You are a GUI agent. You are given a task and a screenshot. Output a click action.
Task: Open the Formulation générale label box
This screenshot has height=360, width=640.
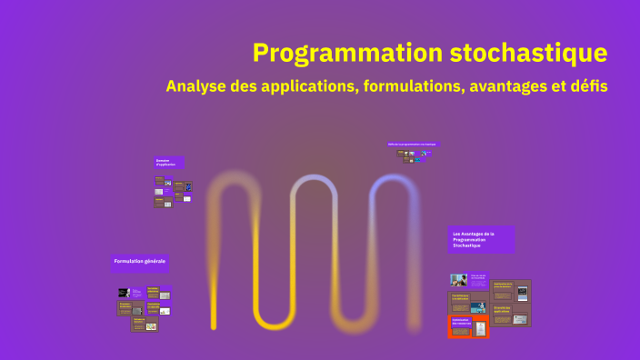140,262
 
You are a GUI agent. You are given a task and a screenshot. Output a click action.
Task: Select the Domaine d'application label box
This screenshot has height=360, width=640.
169,163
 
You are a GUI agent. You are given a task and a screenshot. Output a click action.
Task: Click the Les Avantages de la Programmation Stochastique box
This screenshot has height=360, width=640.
481,240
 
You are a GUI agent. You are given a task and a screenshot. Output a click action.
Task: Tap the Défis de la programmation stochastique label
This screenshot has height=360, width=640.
412,144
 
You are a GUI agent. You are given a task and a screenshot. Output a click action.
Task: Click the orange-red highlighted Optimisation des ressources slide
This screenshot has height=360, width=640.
468,326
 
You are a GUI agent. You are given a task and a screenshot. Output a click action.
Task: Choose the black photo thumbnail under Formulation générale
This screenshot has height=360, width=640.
123,293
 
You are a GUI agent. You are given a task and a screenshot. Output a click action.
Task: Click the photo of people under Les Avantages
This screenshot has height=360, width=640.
459,280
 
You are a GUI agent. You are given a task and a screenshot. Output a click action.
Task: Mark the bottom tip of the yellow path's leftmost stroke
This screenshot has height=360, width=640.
214,325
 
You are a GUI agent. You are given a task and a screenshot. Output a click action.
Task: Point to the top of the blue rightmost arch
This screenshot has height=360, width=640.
395,179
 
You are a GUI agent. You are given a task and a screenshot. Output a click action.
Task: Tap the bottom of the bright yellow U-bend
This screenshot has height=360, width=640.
274,325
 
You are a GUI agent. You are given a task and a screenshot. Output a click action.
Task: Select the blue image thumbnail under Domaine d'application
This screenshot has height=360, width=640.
188,187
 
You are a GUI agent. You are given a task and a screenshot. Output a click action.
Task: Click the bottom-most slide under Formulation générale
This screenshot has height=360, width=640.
145,324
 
